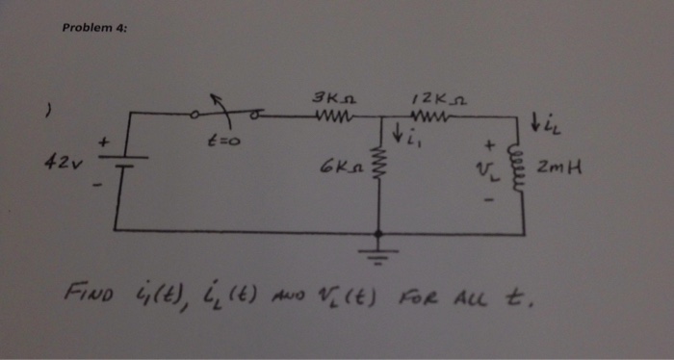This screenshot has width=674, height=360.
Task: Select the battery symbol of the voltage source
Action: point(123,164)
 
